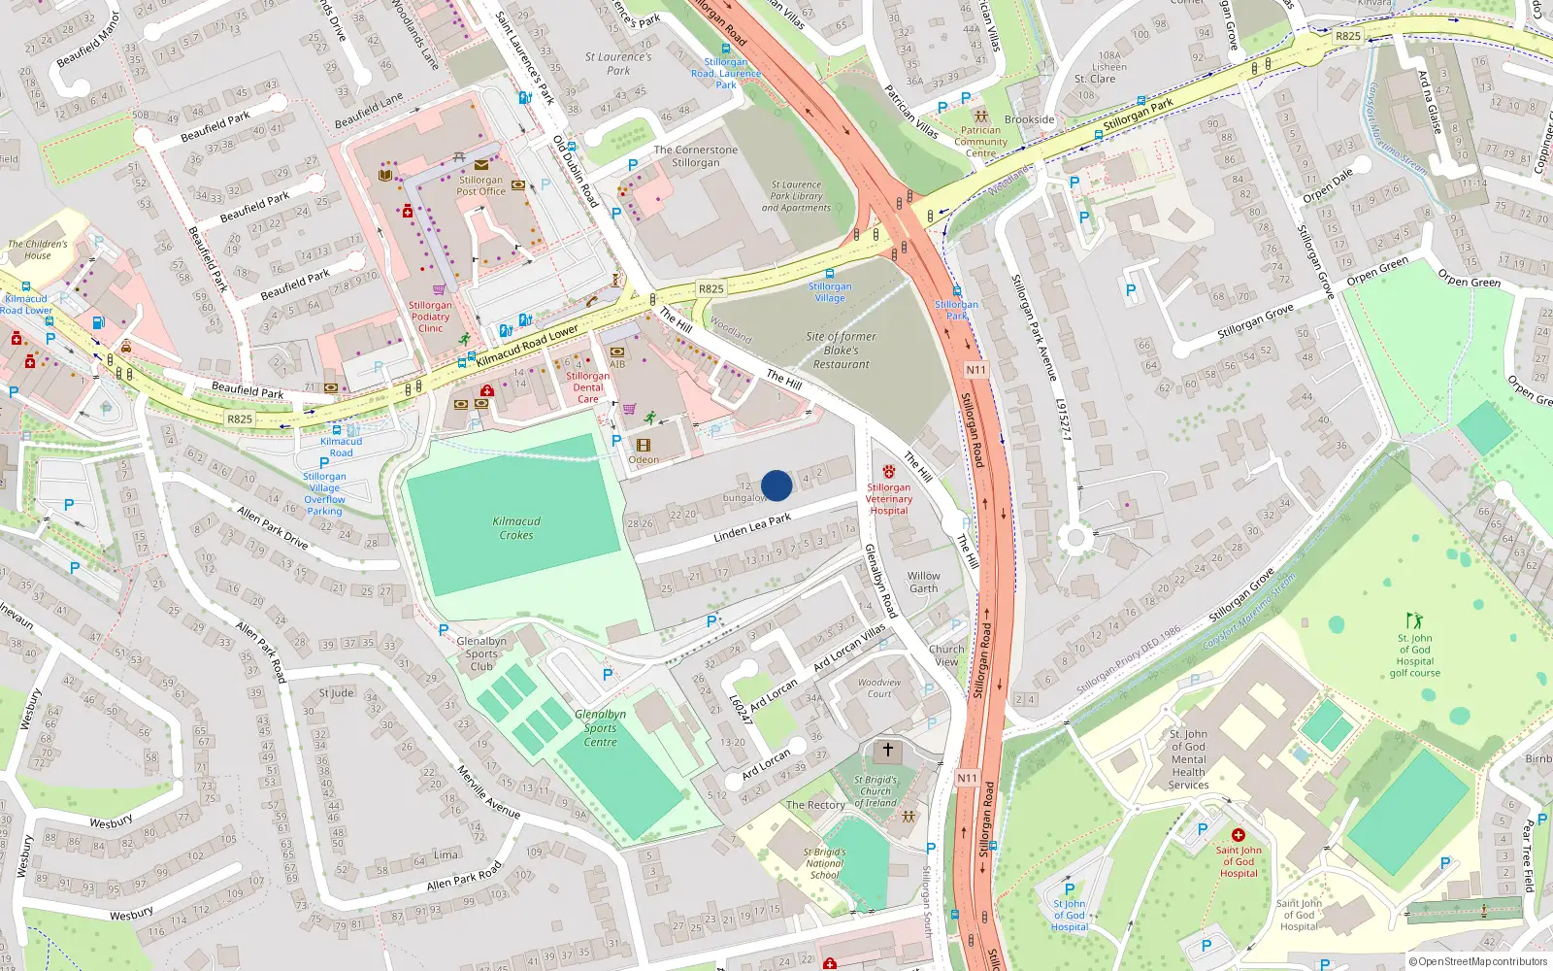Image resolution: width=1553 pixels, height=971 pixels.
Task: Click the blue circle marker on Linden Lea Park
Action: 776,485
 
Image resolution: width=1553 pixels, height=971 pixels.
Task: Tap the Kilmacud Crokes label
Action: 516,528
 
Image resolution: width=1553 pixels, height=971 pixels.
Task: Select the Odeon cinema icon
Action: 643,446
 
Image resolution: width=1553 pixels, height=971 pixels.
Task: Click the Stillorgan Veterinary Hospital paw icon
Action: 888,472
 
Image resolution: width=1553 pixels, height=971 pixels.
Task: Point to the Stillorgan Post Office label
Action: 481,185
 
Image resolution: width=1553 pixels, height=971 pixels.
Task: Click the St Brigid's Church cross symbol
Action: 887,750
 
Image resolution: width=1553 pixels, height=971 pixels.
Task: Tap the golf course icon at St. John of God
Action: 1414,619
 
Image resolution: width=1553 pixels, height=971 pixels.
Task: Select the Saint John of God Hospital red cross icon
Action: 1239,835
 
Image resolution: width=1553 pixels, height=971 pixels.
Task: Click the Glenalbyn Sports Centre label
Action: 600,728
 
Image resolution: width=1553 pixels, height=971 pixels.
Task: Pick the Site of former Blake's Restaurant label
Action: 841,351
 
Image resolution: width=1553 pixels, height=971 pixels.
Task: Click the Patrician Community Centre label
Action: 980,142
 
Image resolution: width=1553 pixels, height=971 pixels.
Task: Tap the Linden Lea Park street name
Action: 752,528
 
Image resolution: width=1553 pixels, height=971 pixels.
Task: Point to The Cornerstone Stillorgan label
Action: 695,156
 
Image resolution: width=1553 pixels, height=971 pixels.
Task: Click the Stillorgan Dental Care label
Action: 588,387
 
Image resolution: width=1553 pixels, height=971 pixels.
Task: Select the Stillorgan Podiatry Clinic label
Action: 430,317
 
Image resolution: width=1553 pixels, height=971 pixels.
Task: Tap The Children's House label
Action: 38,250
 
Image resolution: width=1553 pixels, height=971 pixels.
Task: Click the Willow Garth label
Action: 923,582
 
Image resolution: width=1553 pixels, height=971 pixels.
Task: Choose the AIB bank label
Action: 617,364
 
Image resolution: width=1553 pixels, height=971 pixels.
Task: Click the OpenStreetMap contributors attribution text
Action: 1477,961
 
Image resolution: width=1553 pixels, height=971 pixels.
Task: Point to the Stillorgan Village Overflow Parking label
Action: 324,493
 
